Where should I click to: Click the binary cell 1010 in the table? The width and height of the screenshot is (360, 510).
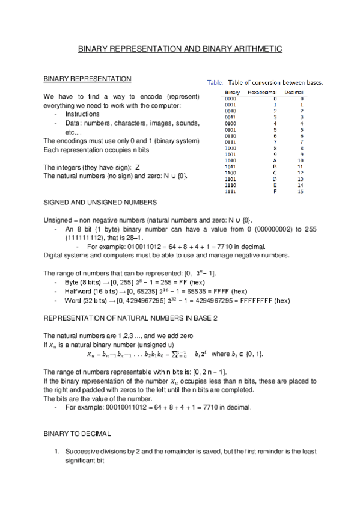[x=230, y=161]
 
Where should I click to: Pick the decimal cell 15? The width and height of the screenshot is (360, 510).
[x=300, y=192]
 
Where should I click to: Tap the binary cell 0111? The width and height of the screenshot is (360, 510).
[x=230, y=142]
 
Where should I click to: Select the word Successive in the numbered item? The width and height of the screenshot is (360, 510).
[x=82, y=451]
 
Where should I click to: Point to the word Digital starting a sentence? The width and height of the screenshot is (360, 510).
[x=55, y=255]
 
